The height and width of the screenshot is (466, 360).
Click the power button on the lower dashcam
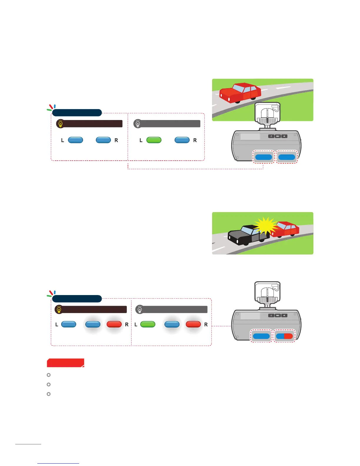click(271, 315)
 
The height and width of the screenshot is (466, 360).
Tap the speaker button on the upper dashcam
click(284, 136)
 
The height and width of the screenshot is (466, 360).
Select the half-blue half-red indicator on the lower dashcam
click(284, 336)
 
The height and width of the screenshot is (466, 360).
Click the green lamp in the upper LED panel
click(154, 140)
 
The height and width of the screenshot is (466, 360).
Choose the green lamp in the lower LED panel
click(148, 324)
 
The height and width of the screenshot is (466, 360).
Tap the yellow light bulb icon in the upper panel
click(60, 124)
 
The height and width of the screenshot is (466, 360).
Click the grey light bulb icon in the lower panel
click(140, 309)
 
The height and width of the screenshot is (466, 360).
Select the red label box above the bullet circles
click(66, 363)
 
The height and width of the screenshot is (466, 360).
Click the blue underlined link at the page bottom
click(58, 463)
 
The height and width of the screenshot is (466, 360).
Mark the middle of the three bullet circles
click(49, 385)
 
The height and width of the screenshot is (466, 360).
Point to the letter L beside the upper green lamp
click(141, 140)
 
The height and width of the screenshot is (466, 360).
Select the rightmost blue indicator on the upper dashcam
click(287, 157)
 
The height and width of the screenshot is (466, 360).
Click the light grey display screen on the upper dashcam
click(250, 137)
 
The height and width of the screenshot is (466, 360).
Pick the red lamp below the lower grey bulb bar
click(193, 324)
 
